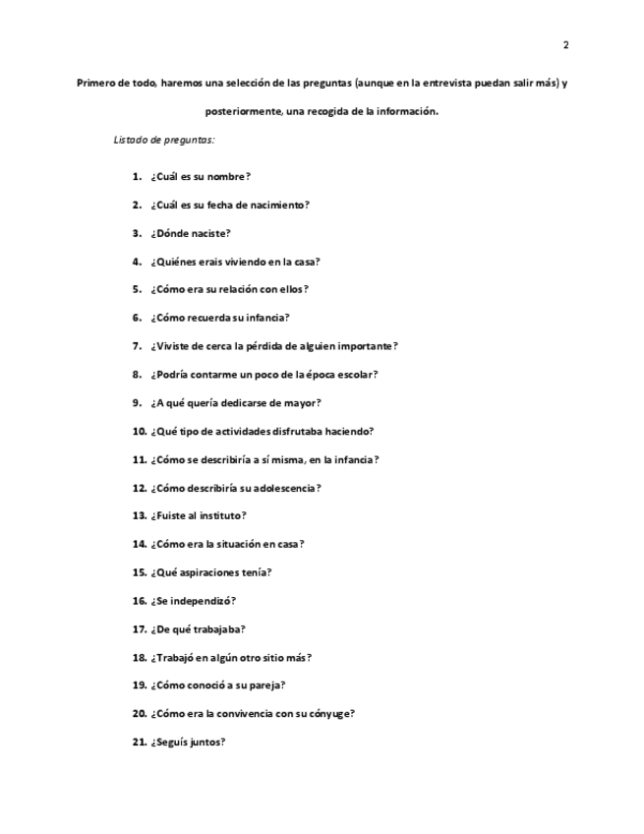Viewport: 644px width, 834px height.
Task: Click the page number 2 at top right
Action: tap(565, 45)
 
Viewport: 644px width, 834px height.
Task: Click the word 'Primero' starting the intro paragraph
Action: tap(96, 84)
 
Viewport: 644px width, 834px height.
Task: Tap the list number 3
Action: tap(137, 234)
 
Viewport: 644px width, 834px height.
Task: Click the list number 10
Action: tap(139, 431)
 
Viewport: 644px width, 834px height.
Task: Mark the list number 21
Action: tap(139, 743)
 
